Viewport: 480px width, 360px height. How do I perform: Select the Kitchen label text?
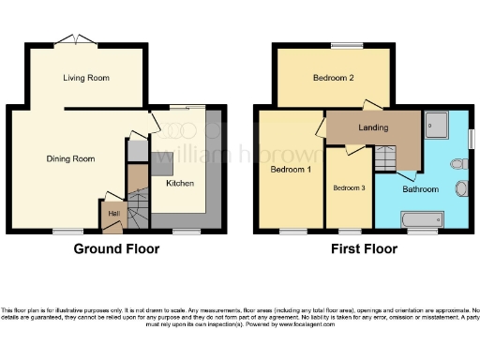[x=180, y=183]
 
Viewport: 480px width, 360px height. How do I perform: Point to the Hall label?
[x=113, y=214]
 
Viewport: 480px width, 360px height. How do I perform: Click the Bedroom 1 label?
[x=290, y=172]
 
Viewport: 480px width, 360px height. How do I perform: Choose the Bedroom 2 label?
[x=332, y=78]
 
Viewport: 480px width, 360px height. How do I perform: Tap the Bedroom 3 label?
[x=349, y=187]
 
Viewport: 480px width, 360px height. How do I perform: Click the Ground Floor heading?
[x=116, y=249]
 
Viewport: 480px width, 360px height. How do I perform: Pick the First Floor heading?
[x=363, y=249]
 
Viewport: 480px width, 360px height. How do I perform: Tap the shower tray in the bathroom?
[x=436, y=123]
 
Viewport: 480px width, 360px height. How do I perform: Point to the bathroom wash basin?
[x=462, y=189]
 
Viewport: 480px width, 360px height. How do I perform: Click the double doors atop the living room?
[x=71, y=38]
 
